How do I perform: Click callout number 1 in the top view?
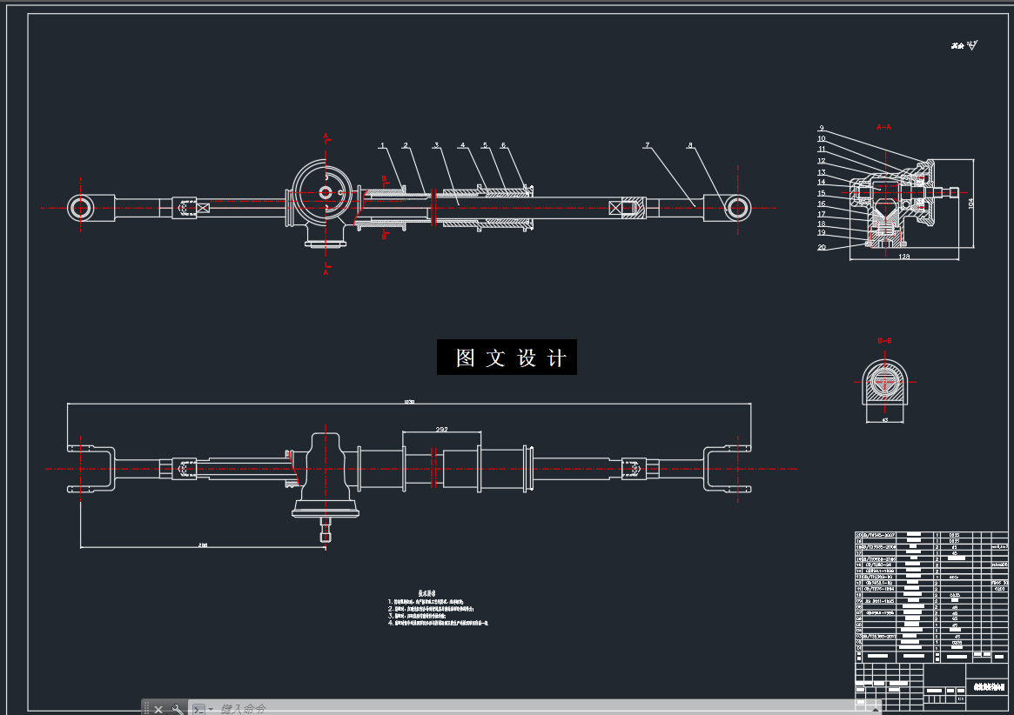(x=381, y=145)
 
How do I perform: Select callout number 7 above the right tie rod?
(x=648, y=145)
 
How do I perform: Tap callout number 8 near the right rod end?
(x=690, y=145)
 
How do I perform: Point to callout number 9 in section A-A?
(x=821, y=128)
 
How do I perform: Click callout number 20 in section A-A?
(x=822, y=247)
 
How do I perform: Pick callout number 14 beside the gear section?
(x=821, y=182)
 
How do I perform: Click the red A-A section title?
(x=884, y=127)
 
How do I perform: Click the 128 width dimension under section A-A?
(x=903, y=257)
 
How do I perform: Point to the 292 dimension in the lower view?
(x=441, y=430)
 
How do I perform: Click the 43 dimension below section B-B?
(x=885, y=420)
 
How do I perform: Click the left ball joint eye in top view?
(x=81, y=208)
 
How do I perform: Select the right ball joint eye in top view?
(x=737, y=208)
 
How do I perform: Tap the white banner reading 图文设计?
(x=507, y=357)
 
